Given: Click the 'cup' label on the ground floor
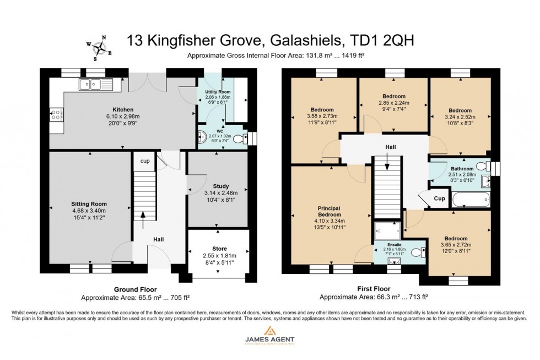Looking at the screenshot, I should coord(144,162).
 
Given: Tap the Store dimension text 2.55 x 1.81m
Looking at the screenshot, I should coord(220,256).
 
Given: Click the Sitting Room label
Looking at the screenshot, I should coord(88,203).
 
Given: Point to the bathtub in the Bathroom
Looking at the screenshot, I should coord(470,199).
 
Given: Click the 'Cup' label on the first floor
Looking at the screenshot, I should coord(439,198).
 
